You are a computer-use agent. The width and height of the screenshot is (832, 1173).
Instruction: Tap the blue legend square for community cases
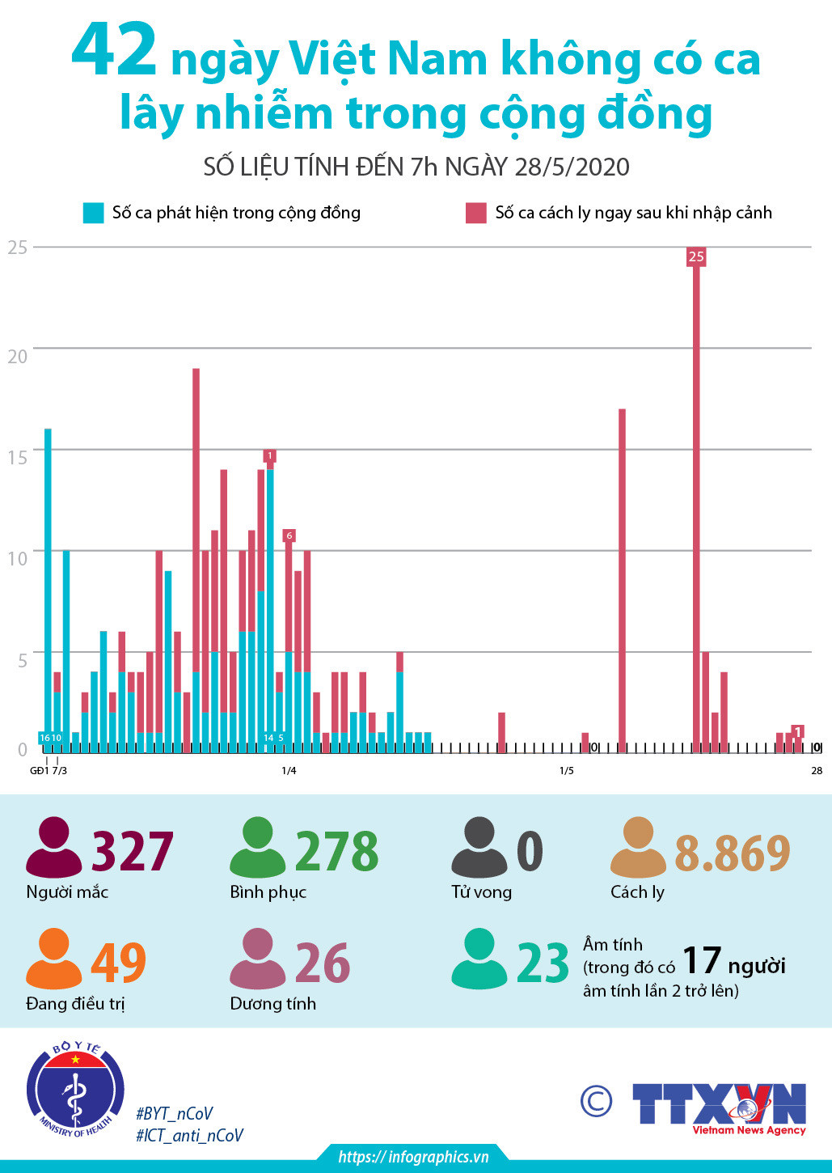coord(94,213)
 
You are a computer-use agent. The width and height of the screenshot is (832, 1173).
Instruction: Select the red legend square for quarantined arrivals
coord(476,213)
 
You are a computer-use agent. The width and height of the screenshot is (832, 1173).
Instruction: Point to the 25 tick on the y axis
coord(17,248)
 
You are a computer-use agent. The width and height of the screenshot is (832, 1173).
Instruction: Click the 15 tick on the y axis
coord(17,457)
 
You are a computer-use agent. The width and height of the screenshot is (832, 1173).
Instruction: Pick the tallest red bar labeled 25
coord(696,502)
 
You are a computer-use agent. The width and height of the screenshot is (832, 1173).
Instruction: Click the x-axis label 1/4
coord(289,770)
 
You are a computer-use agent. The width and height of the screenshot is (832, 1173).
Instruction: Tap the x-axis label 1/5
coord(567,770)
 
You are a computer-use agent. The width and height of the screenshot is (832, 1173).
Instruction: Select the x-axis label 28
coord(817,770)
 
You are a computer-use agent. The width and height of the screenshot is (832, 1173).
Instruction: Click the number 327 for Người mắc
coord(133,851)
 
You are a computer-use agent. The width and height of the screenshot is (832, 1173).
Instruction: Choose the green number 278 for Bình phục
coord(336,851)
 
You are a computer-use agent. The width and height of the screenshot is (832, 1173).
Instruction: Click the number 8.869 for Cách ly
coord(732,852)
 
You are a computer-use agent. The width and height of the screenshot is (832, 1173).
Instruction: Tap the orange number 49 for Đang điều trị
coord(118,963)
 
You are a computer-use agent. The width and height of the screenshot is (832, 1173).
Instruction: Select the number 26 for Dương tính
coord(322,963)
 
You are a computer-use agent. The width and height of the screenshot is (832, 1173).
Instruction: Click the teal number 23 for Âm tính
coord(543,963)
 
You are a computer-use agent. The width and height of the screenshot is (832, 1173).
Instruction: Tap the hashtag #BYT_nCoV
coord(175,1113)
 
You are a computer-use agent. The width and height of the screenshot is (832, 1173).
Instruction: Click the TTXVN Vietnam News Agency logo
coord(719,1107)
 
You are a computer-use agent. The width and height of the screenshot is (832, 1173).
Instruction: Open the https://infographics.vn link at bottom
coord(413,1157)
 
